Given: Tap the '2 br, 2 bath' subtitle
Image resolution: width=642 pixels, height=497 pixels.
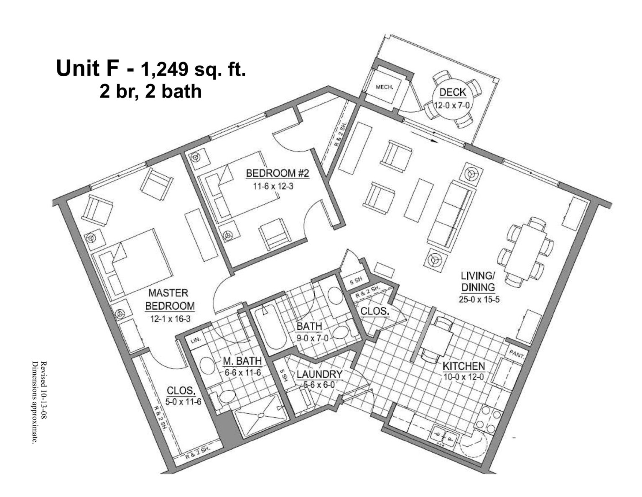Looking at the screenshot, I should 150,91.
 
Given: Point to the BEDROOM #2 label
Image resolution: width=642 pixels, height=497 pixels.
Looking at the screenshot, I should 277,173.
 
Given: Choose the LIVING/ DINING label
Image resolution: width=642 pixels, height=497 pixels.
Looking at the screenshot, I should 478,281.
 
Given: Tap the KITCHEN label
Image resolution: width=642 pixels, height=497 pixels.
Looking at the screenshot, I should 464,366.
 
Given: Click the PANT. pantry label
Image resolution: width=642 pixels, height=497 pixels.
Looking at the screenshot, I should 517,355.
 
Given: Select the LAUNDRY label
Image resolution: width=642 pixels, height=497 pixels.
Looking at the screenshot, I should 319,374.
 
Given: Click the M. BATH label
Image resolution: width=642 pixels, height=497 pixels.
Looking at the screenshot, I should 242,361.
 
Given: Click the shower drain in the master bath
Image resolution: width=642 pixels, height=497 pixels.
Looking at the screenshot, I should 261,415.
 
